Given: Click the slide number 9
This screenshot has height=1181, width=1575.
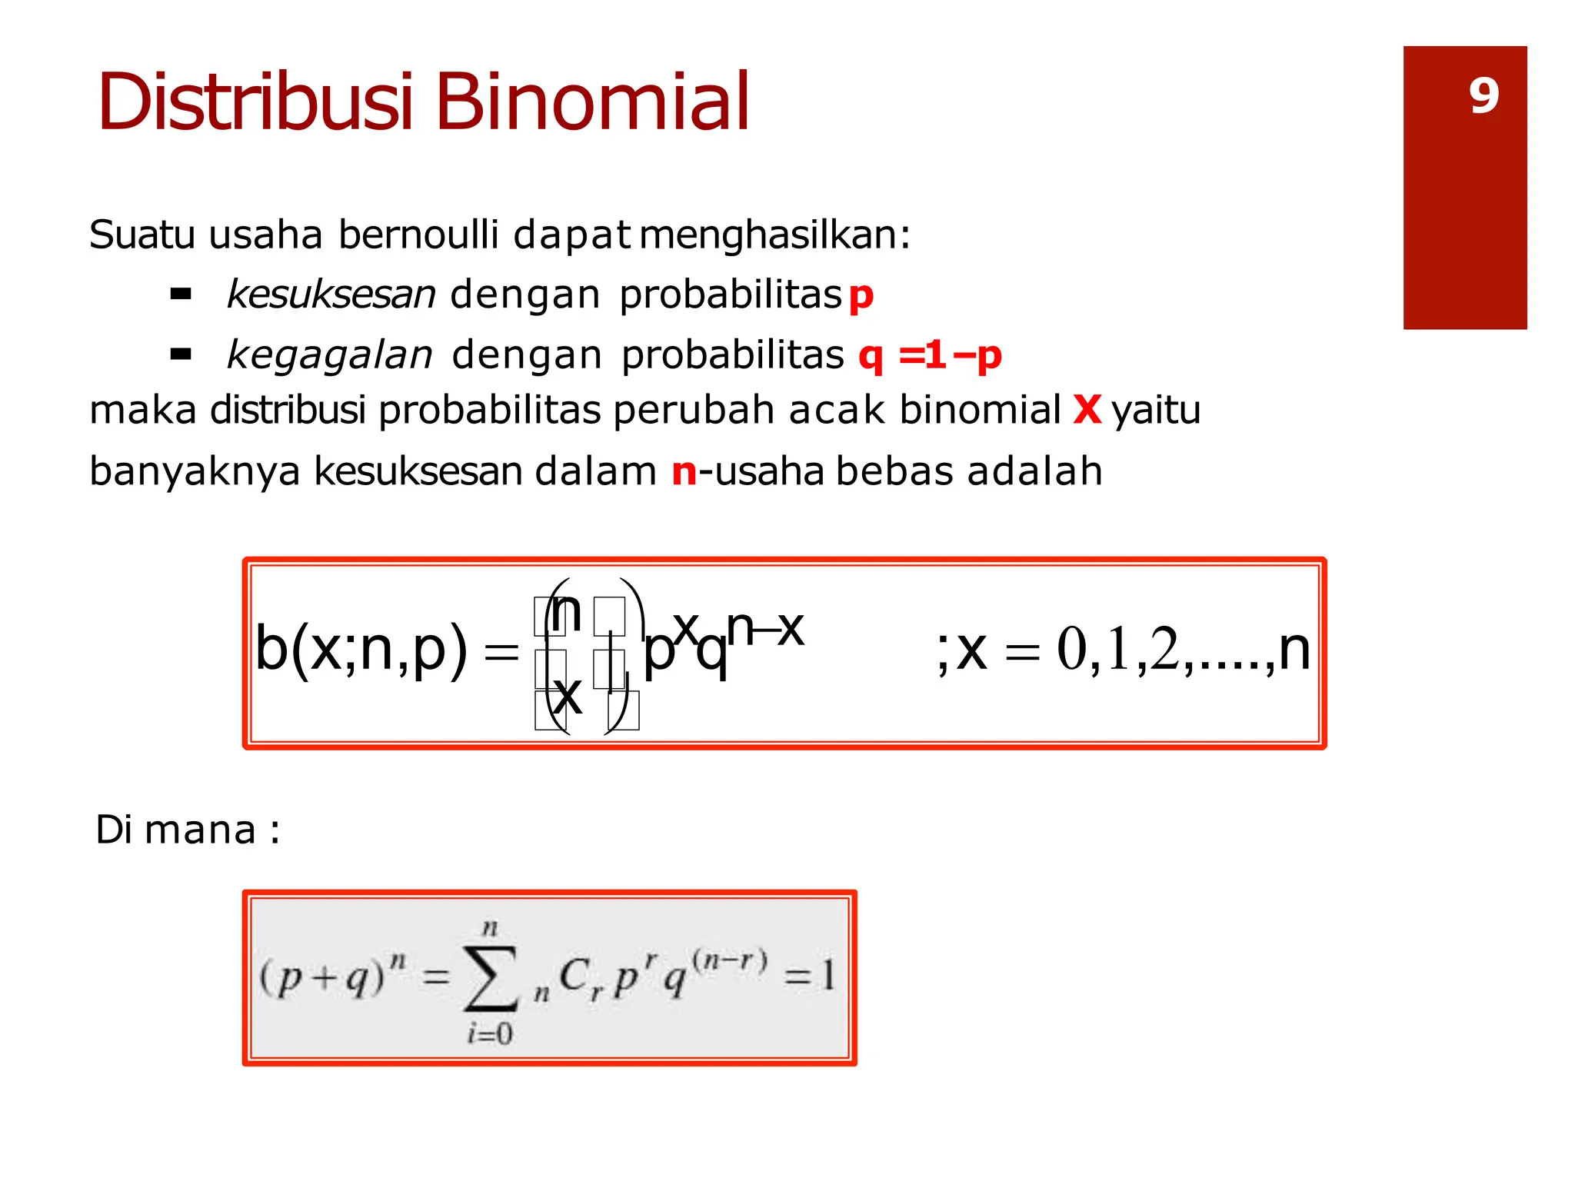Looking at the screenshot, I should tap(1483, 97).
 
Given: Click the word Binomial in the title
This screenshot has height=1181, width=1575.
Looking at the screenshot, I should tap(592, 102).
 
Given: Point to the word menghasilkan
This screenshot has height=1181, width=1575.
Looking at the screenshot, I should tap(774, 235).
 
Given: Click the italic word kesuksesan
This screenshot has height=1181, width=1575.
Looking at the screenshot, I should tap(331, 294).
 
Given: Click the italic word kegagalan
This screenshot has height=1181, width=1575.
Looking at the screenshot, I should tap(330, 356).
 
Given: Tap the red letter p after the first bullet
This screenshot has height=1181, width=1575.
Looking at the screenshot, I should tap(861, 296).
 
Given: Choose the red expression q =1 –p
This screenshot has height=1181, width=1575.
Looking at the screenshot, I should tap(930, 356).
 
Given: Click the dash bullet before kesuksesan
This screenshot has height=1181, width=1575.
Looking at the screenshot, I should tap(181, 294).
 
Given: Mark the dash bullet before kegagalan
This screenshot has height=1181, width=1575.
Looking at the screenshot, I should tap(181, 354).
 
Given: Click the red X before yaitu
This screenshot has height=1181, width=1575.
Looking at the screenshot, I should tap(1087, 410).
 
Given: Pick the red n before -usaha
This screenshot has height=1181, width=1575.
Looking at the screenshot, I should tap(684, 471).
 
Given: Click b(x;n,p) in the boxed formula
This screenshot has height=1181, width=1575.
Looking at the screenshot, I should tap(361, 650).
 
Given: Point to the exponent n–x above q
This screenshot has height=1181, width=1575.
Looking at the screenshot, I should tap(765, 627).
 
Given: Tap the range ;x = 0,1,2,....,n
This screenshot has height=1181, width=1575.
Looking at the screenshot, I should tap(1123, 650).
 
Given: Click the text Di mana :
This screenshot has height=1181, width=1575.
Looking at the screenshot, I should tap(187, 830).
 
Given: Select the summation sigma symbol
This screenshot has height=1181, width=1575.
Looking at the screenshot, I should tap(491, 980).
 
